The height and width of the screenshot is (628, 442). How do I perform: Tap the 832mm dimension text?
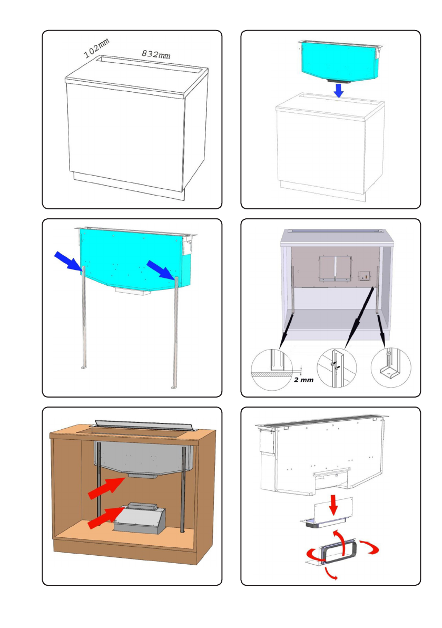click(x=156, y=54)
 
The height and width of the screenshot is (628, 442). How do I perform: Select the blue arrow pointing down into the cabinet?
click(x=339, y=91)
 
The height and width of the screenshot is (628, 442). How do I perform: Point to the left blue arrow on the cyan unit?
click(x=68, y=261)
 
